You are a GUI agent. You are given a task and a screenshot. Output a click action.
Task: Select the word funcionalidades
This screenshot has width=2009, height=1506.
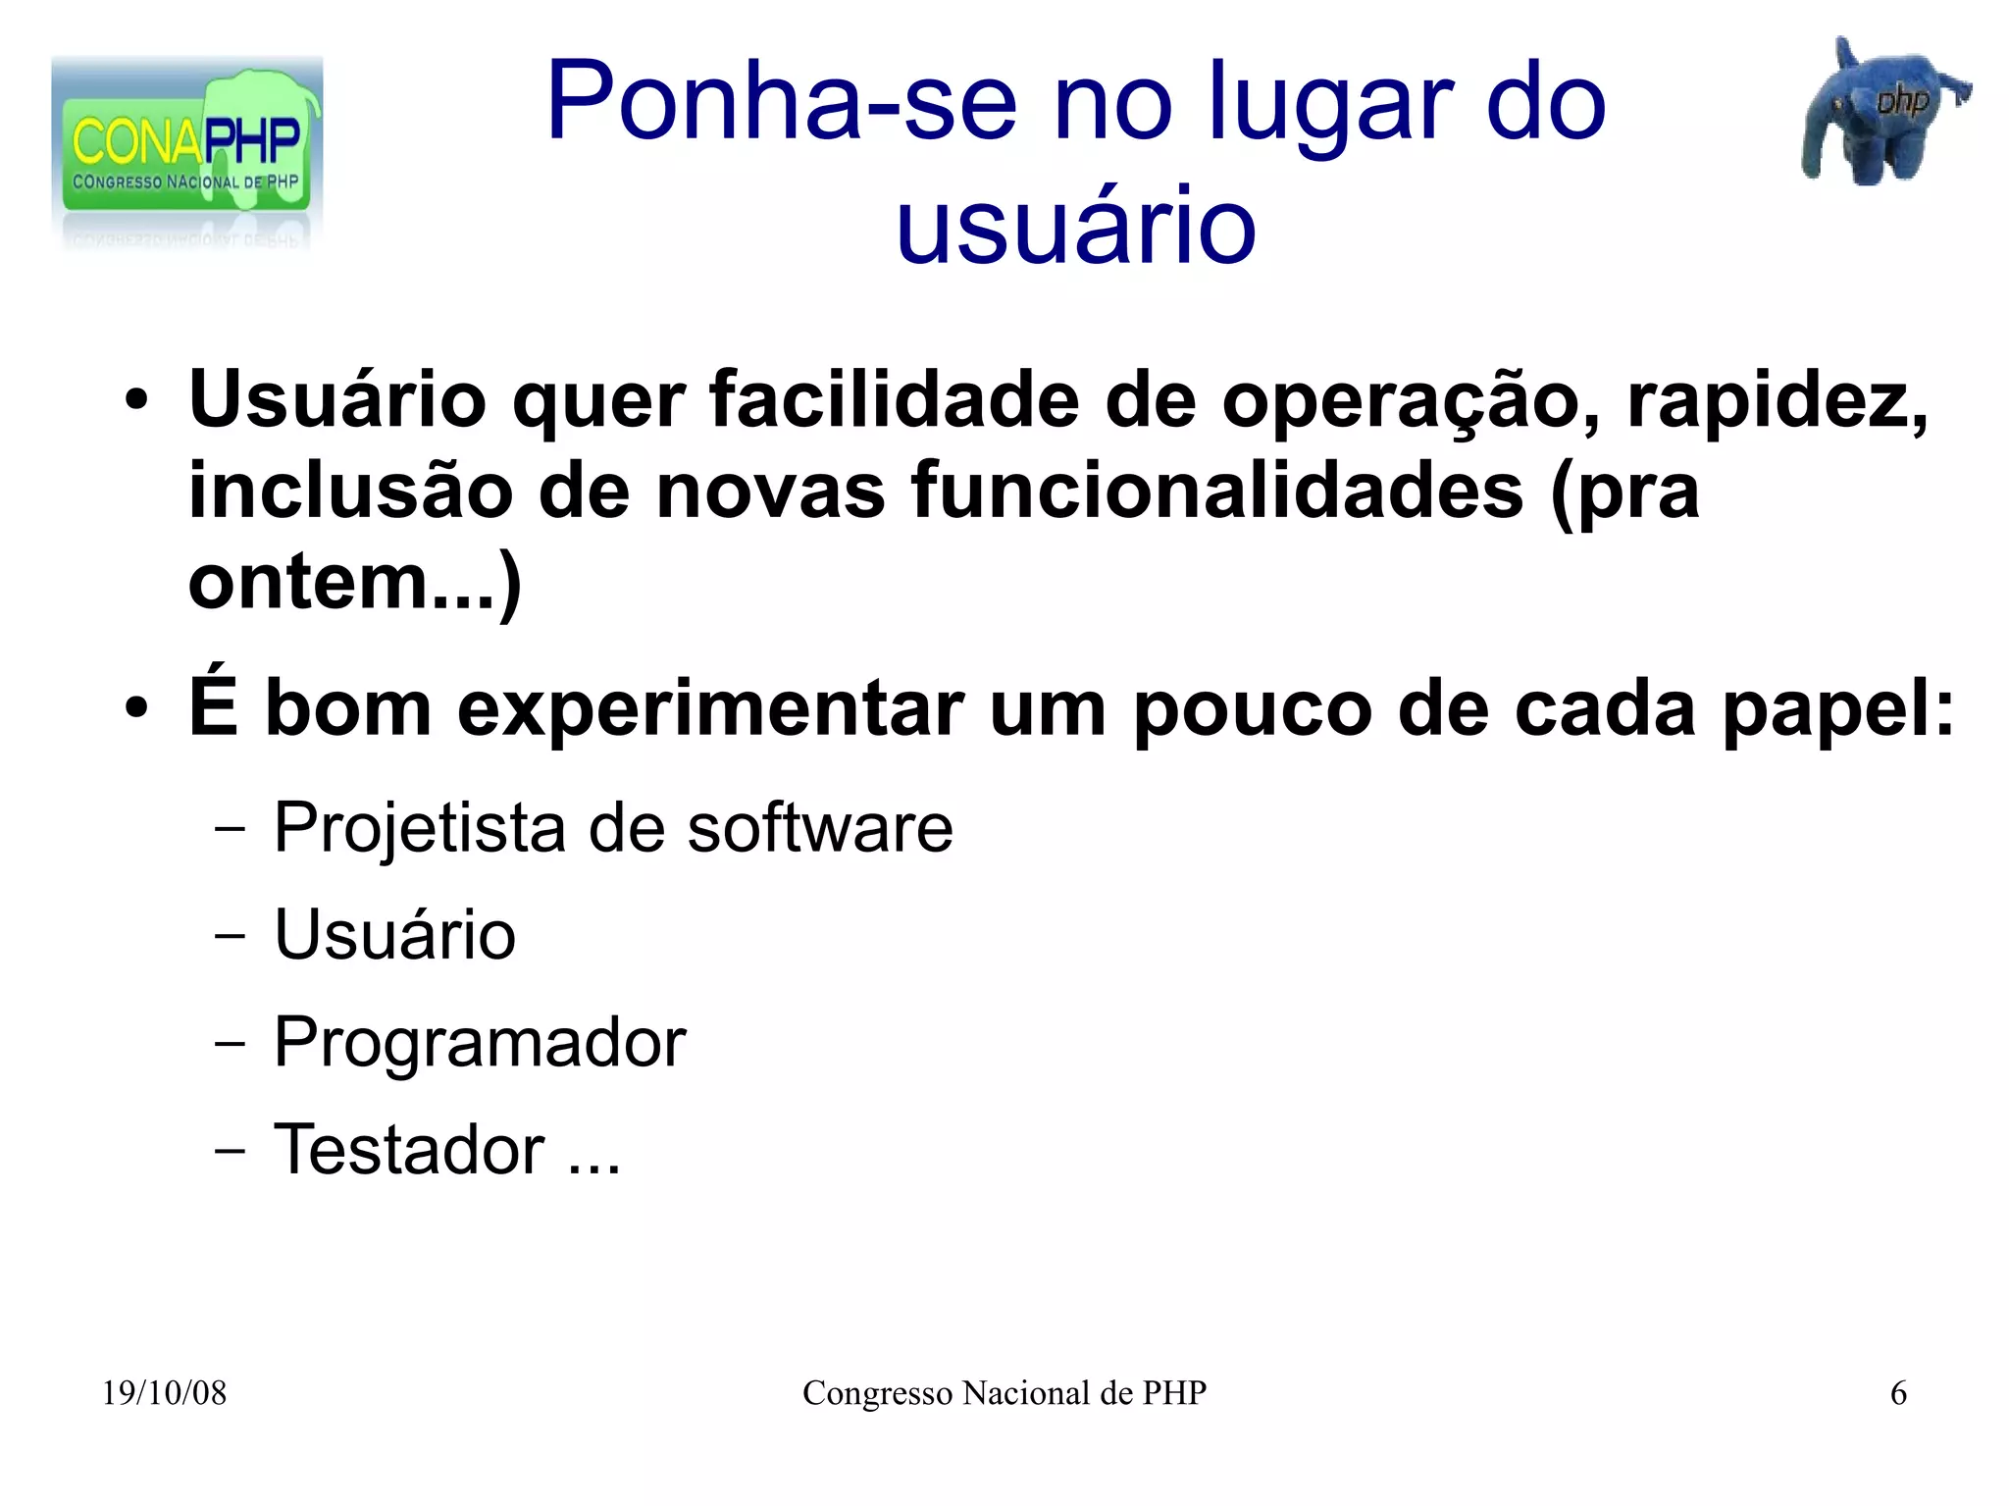pyautogui.click(x=1216, y=491)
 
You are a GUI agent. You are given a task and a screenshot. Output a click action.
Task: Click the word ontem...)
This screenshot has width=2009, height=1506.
pyautogui.click(x=354, y=583)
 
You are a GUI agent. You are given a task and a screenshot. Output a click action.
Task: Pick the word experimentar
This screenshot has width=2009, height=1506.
pyautogui.click(x=712, y=708)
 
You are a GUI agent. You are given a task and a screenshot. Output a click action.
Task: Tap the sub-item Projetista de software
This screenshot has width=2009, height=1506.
pyautogui.click(x=612, y=828)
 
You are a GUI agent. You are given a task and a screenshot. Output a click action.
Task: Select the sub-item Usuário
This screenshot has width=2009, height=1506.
pyautogui.click(x=394, y=935)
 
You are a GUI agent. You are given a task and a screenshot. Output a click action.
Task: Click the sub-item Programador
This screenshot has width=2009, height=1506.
pyautogui.click(x=480, y=1042)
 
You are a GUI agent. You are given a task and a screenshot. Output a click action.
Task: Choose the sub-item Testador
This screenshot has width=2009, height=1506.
pyautogui.click(x=409, y=1150)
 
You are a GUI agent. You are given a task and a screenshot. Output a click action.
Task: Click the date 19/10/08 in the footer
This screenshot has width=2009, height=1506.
pyautogui.click(x=164, y=1393)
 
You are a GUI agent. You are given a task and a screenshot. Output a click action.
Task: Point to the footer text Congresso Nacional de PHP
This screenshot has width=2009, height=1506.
pyautogui.click(x=1004, y=1393)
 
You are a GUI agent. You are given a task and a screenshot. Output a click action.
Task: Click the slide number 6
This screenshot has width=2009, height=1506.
pyautogui.click(x=1898, y=1393)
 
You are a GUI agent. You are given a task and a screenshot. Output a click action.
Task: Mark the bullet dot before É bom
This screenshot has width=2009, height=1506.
pyautogui.click(x=136, y=708)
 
